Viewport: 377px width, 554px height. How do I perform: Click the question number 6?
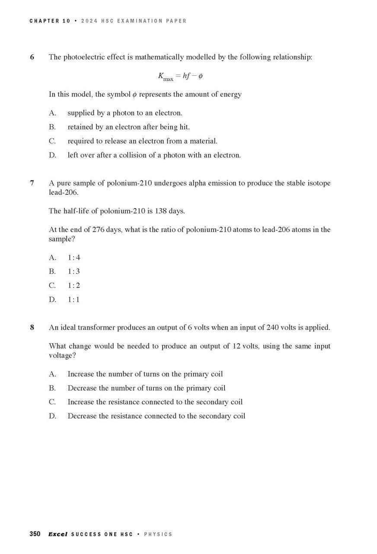point(32,57)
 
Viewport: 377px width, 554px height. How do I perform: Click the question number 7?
point(32,183)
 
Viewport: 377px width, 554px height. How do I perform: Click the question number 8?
point(32,328)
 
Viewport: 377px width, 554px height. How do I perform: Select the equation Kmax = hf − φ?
point(180,77)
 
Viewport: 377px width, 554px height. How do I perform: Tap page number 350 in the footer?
point(35,534)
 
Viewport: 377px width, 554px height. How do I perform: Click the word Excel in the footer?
point(58,534)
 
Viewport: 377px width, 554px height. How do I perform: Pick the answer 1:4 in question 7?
point(74,258)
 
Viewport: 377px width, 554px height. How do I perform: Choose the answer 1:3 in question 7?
point(74,272)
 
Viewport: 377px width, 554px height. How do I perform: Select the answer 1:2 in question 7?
point(74,286)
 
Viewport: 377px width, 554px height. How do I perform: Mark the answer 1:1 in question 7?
point(74,300)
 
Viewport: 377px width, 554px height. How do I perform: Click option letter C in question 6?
point(52,141)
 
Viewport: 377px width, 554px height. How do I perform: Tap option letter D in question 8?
point(52,416)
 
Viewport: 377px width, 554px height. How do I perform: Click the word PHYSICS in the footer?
point(158,535)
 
